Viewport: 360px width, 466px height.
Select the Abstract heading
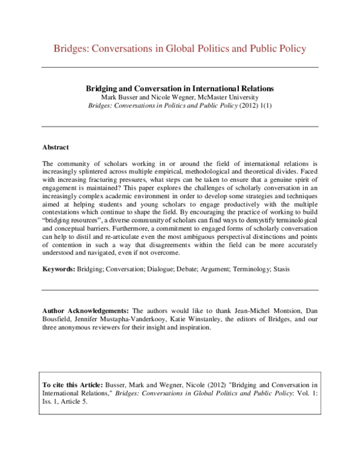pyautogui.click(x=56, y=147)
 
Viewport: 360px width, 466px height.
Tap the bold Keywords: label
pyautogui.click(x=59, y=269)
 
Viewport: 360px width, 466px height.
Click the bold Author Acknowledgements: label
pyautogui.click(x=86, y=310)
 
